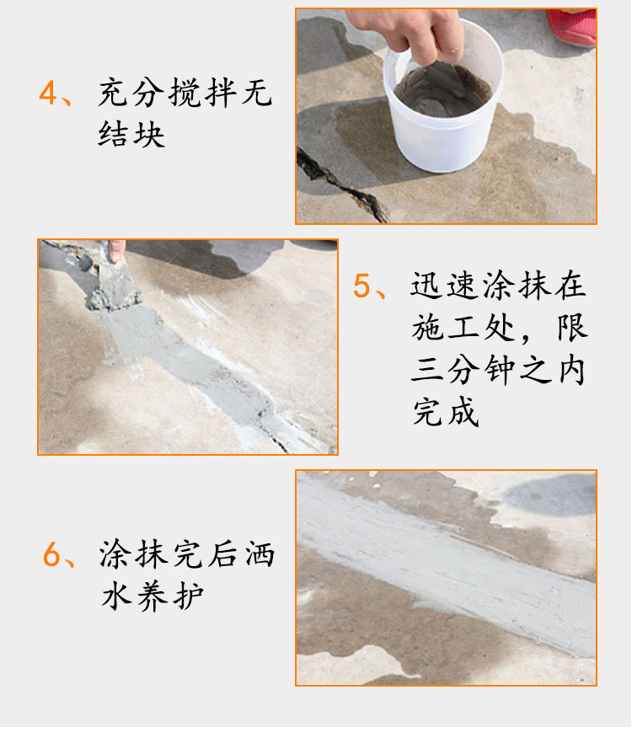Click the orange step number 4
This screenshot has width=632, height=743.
(48, 93)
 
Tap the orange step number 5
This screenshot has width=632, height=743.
(362, 286)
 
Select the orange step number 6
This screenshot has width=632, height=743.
(51, 554)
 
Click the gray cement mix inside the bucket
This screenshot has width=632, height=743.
(443, 91)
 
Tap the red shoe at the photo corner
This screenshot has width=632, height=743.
(573, 26)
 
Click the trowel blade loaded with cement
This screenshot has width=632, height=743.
(114, 285)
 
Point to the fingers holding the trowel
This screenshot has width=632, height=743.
(116, 250)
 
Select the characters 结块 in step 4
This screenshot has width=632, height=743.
(131, 134)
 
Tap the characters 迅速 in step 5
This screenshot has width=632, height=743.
(442, 286)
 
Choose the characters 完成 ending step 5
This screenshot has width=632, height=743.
(446, 411)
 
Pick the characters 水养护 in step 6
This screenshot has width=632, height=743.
(153, 596)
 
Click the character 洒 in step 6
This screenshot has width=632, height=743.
(260, 553)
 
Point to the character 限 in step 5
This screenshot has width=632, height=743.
(572, 328)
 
